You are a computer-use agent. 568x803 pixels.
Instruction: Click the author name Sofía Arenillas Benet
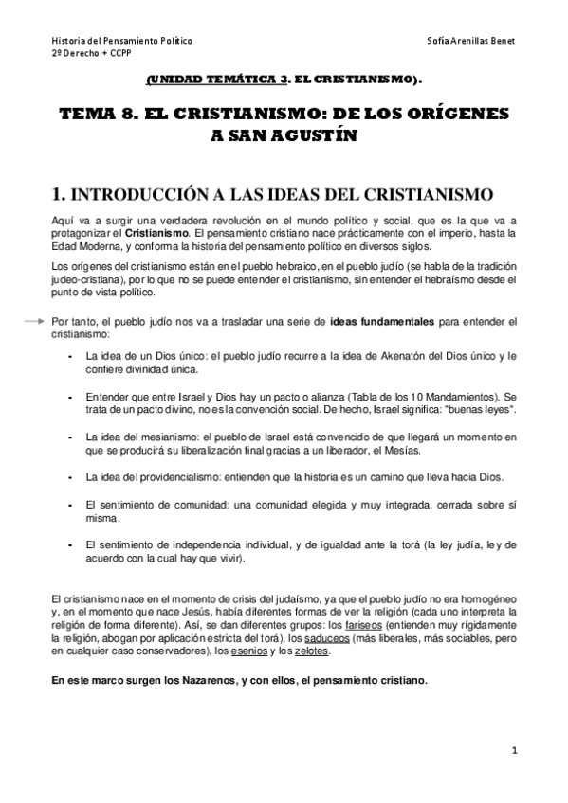pyautogui.click(x=471, y=43)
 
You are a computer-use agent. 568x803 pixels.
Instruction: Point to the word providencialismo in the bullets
pyautogui.click(x=164, y=475)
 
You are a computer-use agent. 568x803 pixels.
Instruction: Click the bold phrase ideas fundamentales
pyautogui.click(x=382, y=322)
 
